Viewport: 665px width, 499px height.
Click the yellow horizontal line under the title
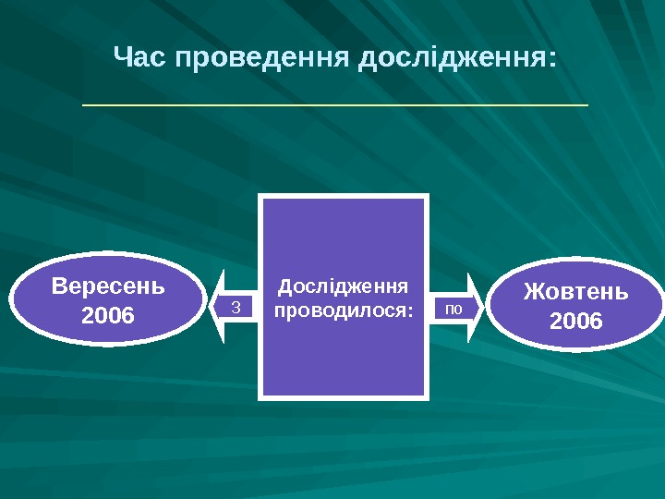(x=335, y=105)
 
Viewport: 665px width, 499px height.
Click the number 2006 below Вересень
(x=108, y=316)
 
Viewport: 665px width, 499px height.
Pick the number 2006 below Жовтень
(x=575, y=322)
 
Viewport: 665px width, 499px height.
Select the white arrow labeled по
(x=458, y=307)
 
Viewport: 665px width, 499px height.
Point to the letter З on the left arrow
(x=235, y=307)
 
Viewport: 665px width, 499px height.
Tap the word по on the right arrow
(x=454, y=307)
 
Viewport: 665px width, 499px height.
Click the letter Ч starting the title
(x=121, y=58)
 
